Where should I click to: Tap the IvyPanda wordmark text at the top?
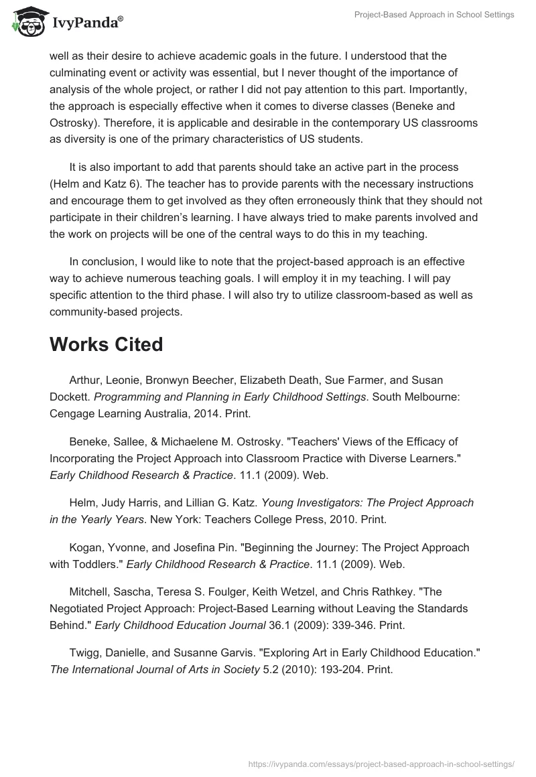[x=86, y=23]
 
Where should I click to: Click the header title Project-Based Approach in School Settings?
[x=434, y=15]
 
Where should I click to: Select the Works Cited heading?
[x=106, y=344]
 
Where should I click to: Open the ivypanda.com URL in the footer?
[x=380, y=763]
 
